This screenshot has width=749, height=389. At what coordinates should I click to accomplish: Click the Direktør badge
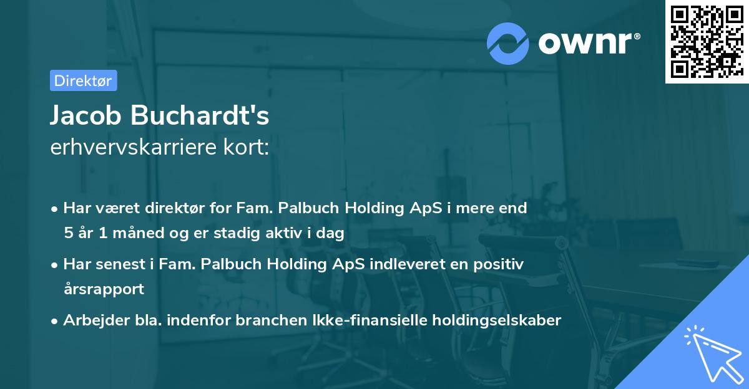83,80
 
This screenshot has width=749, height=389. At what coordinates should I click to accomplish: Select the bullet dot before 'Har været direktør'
56,209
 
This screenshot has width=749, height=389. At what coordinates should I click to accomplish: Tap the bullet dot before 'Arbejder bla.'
56,321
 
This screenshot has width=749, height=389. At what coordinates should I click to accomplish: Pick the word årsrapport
104,289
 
